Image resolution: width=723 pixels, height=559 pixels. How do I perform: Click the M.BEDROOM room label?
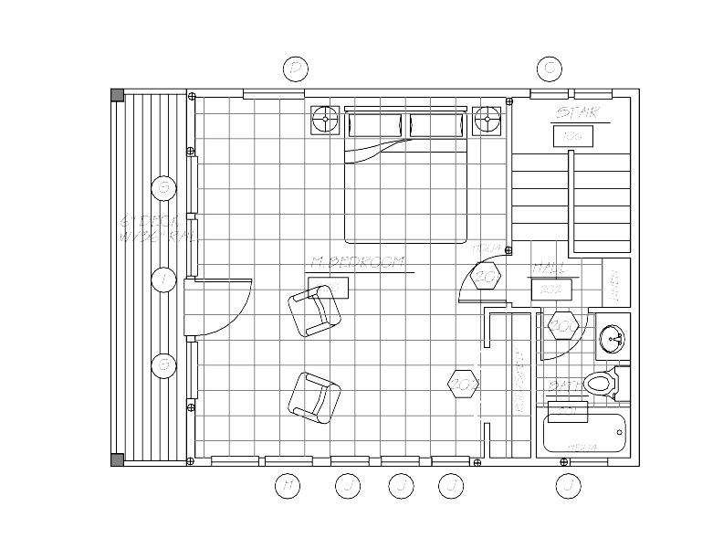point(358,263)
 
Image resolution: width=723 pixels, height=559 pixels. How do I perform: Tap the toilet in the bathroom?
point(602,384)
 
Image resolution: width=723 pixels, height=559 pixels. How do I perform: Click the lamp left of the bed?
point(325,120)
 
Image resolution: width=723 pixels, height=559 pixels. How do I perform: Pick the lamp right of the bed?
point(487,120)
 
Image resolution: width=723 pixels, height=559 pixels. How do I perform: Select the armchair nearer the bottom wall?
point(314,396)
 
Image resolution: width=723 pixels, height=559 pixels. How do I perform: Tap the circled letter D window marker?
point(294,68)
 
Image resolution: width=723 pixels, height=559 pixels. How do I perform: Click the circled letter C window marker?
point(549,68)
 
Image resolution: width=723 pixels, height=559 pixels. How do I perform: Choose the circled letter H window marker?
point(287,486)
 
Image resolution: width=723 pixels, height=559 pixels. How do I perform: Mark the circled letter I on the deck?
point(163,279)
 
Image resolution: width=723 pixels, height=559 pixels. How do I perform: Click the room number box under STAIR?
point(572,136)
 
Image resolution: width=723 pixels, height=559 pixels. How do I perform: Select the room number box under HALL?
point(550,289)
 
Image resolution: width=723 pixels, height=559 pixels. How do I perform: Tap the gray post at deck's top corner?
point(117,94)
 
